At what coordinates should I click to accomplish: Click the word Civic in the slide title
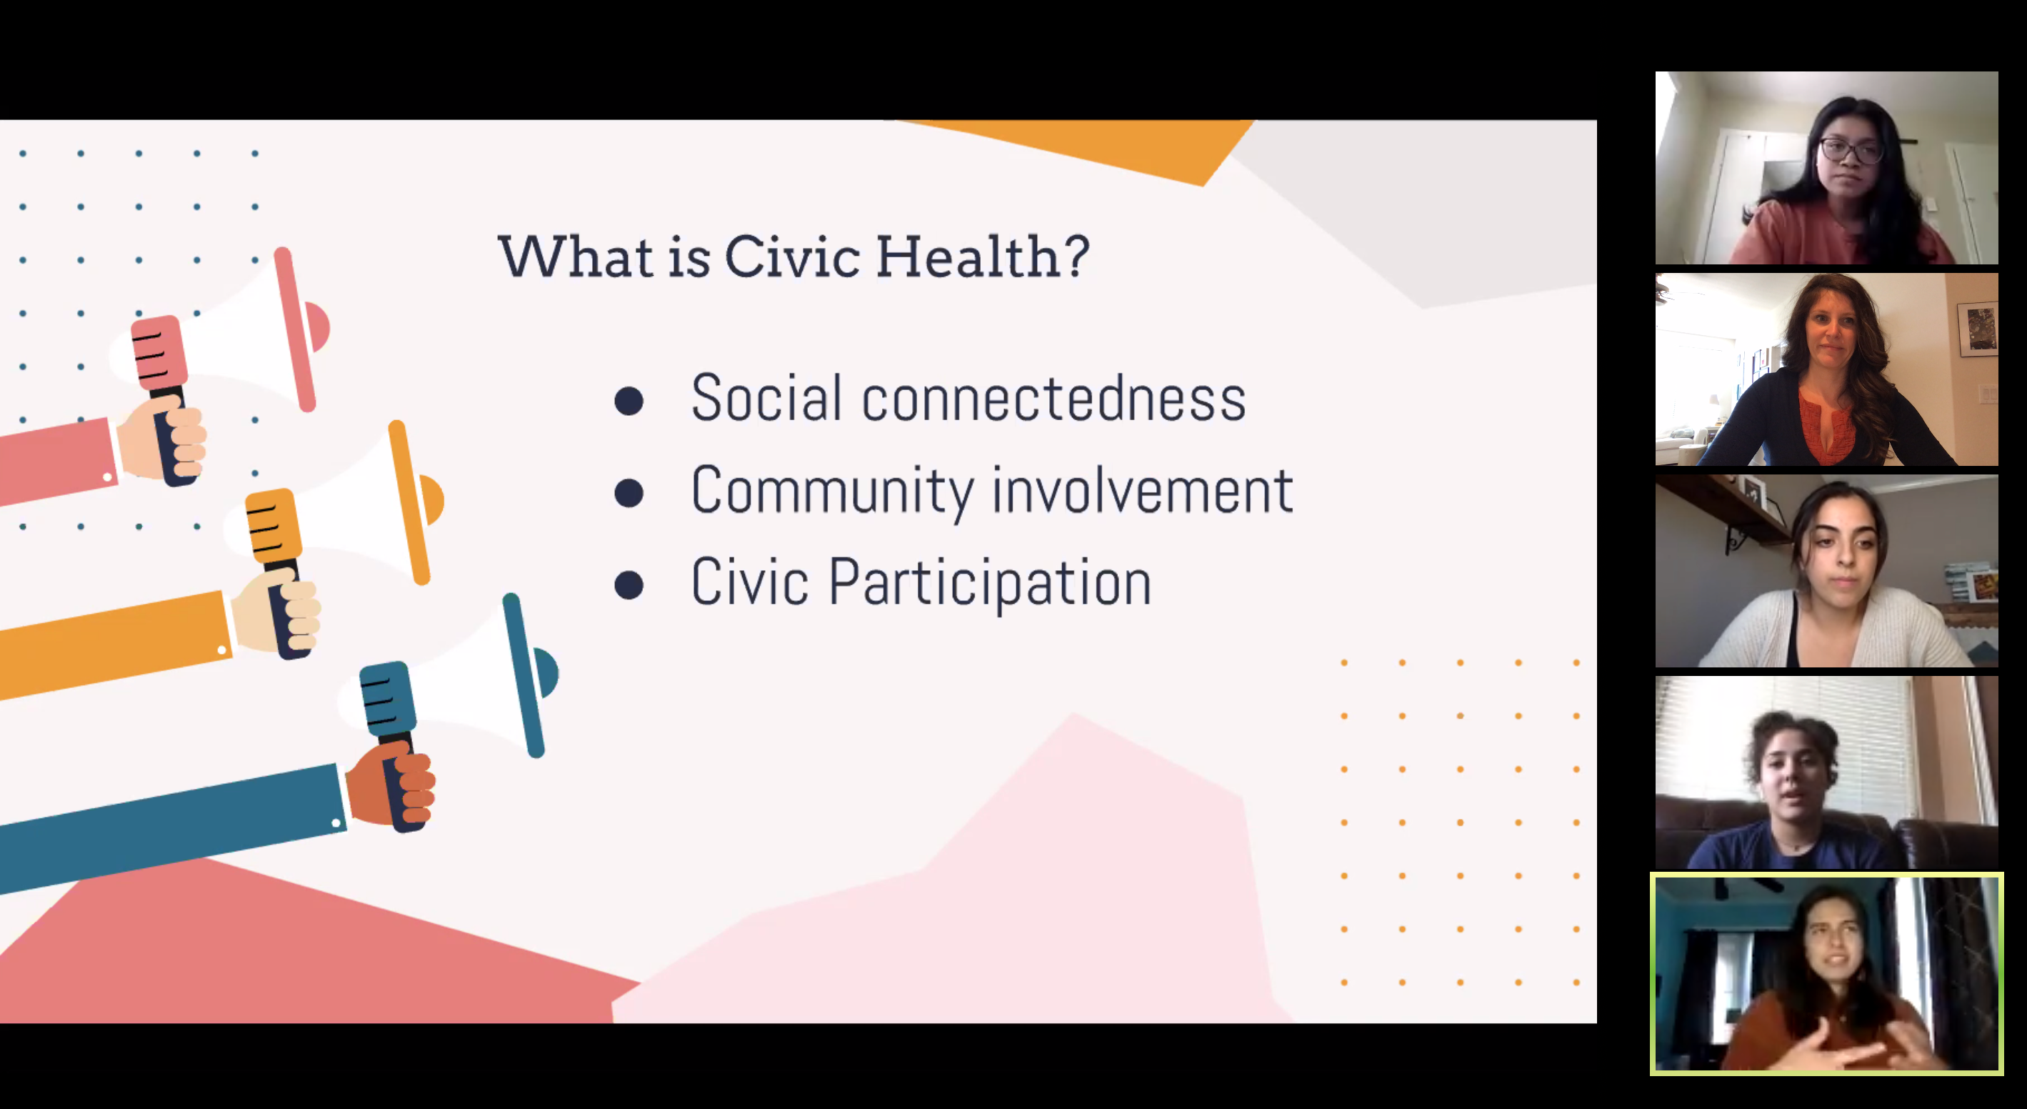click(x=791, y=257)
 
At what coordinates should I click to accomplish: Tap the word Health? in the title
click(x=983, y=257)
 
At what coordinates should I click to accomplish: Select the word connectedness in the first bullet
click(x=1053, y=397)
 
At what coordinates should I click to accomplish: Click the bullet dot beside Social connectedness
click(x=629, y=401)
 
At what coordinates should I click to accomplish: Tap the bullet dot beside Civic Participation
click(x=629, y=585)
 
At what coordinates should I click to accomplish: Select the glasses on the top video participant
click(x=1849, y=149)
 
